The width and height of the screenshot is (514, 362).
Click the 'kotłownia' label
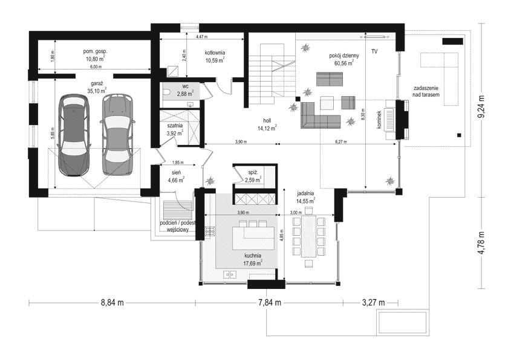click(215, 53)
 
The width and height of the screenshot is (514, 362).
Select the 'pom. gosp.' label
click(96, 52)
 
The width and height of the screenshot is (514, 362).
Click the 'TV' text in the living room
click(374, 53)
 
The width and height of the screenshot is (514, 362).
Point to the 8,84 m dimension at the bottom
click(112, 302)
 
